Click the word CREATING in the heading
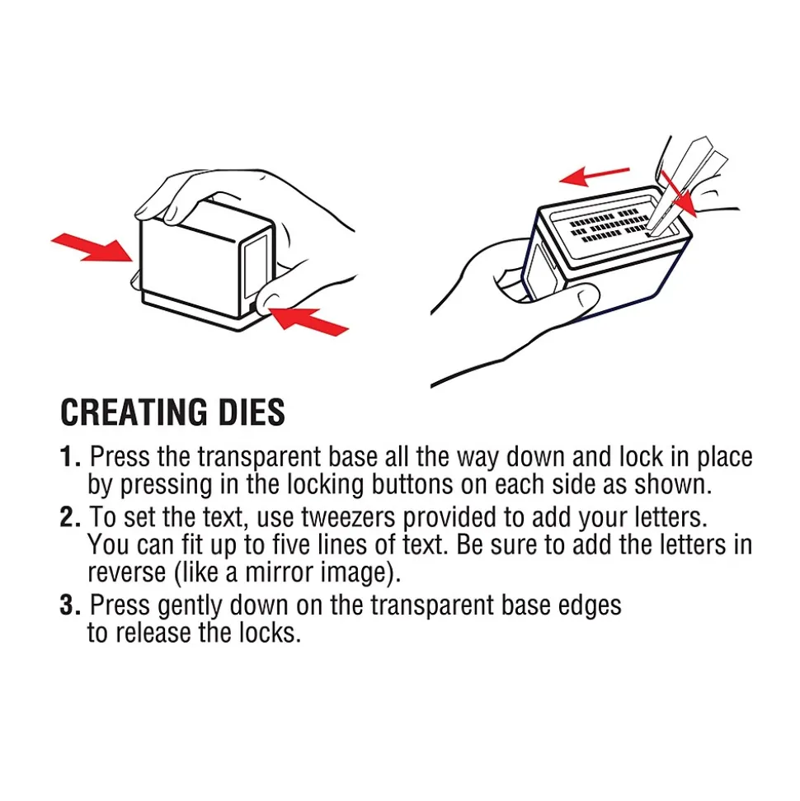point(134,412)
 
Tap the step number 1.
point(70,457)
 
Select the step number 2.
point(70,517)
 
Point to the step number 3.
point(70,605)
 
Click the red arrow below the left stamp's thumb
point(308,320)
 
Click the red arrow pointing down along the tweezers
point(679,193)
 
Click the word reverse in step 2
point(127,572)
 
